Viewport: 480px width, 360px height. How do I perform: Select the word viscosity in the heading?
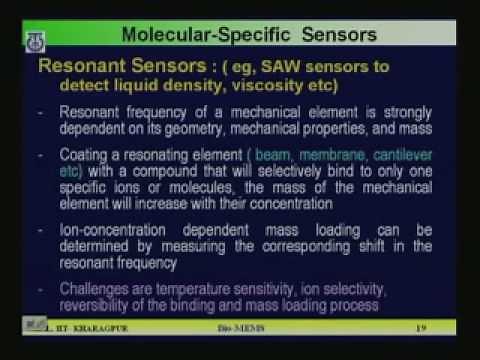pyautogui.click(x=249, y=89)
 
